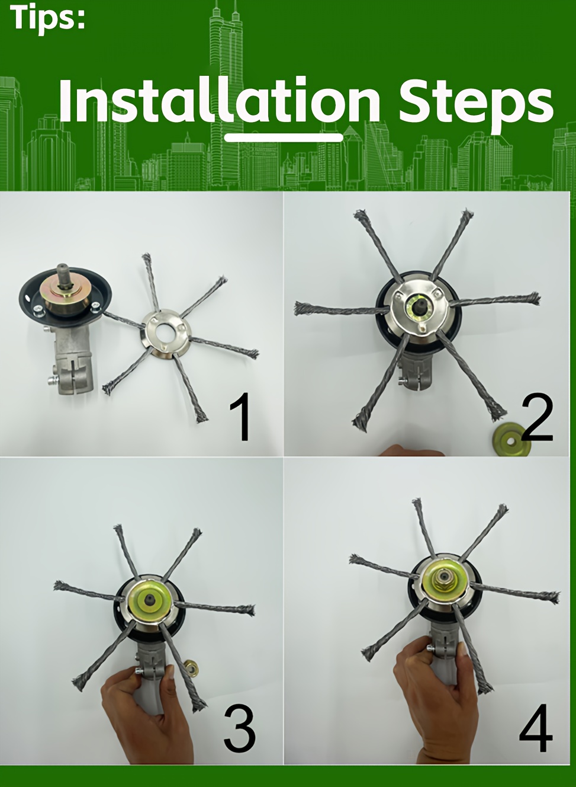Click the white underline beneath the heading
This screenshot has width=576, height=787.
(x=284, y=137)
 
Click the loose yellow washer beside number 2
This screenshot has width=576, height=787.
(x=511, y=440)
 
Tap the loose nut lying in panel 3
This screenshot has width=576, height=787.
(x=191, y=666)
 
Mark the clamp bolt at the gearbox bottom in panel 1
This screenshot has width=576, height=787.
(x=52, y=380)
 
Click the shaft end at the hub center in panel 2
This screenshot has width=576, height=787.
(x=420, y=305)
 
